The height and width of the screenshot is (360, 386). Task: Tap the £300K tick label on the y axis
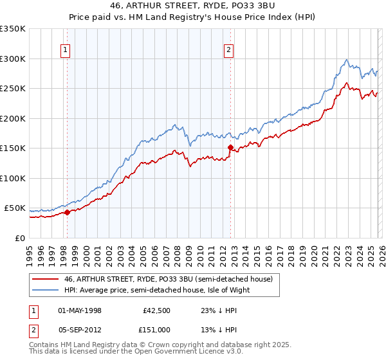pos(13,59)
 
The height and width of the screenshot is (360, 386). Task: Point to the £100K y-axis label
pos(13,178)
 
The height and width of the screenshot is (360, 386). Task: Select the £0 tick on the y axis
pos(19,238)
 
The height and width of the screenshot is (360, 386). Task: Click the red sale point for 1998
pos(67,212)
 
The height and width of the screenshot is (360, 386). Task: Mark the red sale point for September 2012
pos(230,147)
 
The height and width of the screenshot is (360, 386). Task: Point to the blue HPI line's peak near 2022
pos(346,60)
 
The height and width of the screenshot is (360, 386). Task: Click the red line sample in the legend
pos(46,279)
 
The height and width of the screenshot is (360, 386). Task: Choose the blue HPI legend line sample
pos(46,290)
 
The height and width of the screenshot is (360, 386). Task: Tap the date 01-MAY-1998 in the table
pos(80,310)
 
